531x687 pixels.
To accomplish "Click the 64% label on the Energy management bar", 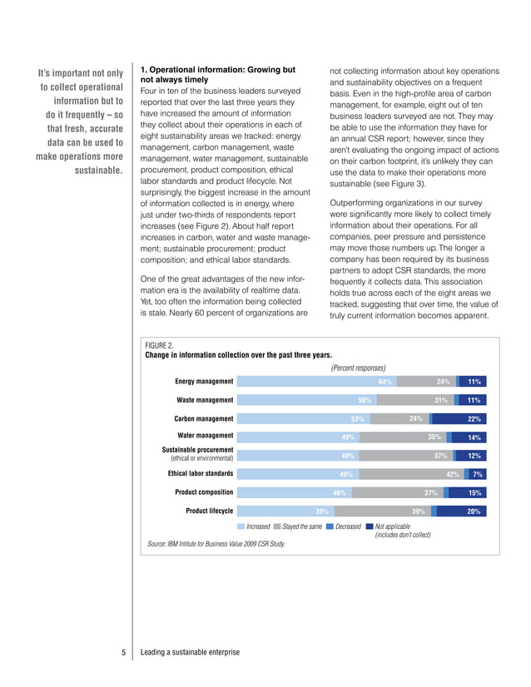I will point(385,382).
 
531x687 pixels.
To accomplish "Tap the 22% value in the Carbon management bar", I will point(474,419).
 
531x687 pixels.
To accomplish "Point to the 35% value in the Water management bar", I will point(434,437).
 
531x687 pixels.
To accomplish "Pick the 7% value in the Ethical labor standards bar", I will point(477,474).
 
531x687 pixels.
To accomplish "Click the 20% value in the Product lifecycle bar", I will point(474,512).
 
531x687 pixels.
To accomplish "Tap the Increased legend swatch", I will point(241,526).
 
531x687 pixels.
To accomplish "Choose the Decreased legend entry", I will point(347,526).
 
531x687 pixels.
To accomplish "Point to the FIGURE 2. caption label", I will point(159,344).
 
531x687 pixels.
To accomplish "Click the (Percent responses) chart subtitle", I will point(359,368).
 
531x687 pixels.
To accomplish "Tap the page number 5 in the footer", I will point(122,652).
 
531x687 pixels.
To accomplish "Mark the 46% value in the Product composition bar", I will point(340,492).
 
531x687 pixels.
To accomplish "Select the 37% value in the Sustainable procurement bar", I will point(441,456).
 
